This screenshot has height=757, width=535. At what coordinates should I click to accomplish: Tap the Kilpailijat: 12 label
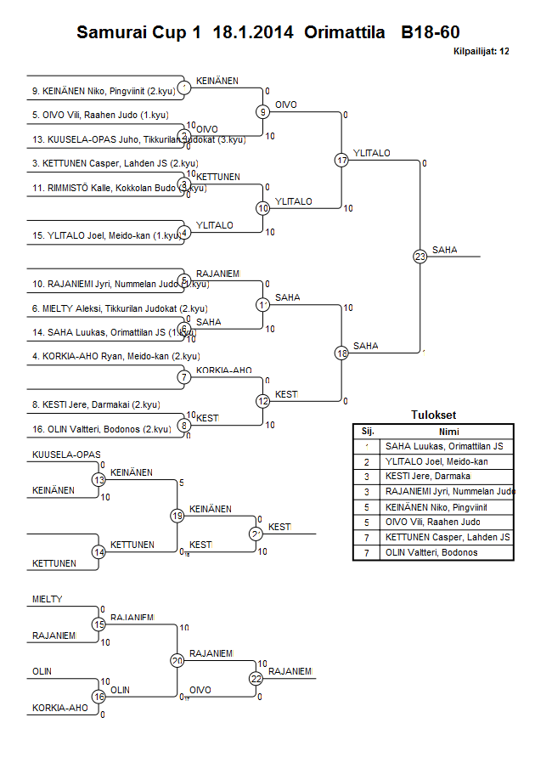click(x=481, y=52)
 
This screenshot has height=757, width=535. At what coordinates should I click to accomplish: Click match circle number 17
click(x=341, y=160)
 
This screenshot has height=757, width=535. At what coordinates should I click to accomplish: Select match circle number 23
click(x=420, y=256)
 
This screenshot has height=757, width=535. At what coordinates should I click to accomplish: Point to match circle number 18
click(x=341, y=353)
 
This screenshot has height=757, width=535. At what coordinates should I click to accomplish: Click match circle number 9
click(x=263, y=111)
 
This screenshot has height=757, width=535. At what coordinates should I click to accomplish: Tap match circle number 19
click(x=177, y=516)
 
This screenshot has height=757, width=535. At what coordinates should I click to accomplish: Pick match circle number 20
click(x=177, y=660)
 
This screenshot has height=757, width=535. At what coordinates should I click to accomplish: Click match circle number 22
click(x=256, y=678)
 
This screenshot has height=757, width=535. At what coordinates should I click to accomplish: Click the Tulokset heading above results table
click(x=433, y=415)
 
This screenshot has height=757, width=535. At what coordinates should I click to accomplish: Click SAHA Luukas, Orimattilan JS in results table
click(x=443, y=446)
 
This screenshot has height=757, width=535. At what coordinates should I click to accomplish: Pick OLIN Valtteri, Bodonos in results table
click(x=431, y=553)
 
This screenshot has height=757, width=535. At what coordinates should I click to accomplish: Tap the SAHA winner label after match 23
click(x=444, y=250)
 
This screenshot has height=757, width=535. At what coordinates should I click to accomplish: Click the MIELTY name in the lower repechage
click(x=48, y=600)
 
